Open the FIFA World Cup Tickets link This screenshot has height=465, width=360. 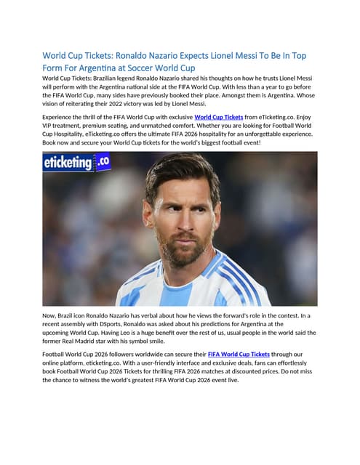[x=242, y=355]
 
